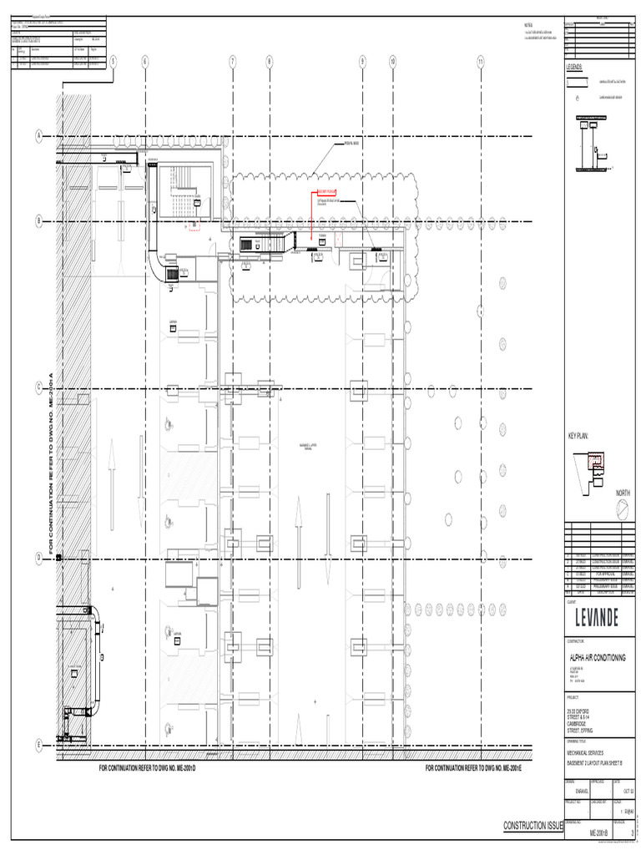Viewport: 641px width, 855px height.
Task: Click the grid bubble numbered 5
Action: (x=113, y=61)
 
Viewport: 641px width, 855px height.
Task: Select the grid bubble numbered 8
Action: (x=270, y=61)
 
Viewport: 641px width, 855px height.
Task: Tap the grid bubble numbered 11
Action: (x=482, y=61)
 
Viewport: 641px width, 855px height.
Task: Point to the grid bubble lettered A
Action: (x=38, y=136)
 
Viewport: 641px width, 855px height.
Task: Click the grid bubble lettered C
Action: (x=38, y=388)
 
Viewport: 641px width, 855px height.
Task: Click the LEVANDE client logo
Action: (x=597, y=619)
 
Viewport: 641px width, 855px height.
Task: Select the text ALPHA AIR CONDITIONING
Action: (x=597, y=658)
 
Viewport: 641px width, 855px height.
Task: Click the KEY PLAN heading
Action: (x=578, y=437)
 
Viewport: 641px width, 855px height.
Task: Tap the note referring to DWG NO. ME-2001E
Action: (x=473, y=767)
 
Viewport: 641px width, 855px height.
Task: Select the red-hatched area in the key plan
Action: (x=596, y=460)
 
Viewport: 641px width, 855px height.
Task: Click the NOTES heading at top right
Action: (x=528, y=27)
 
